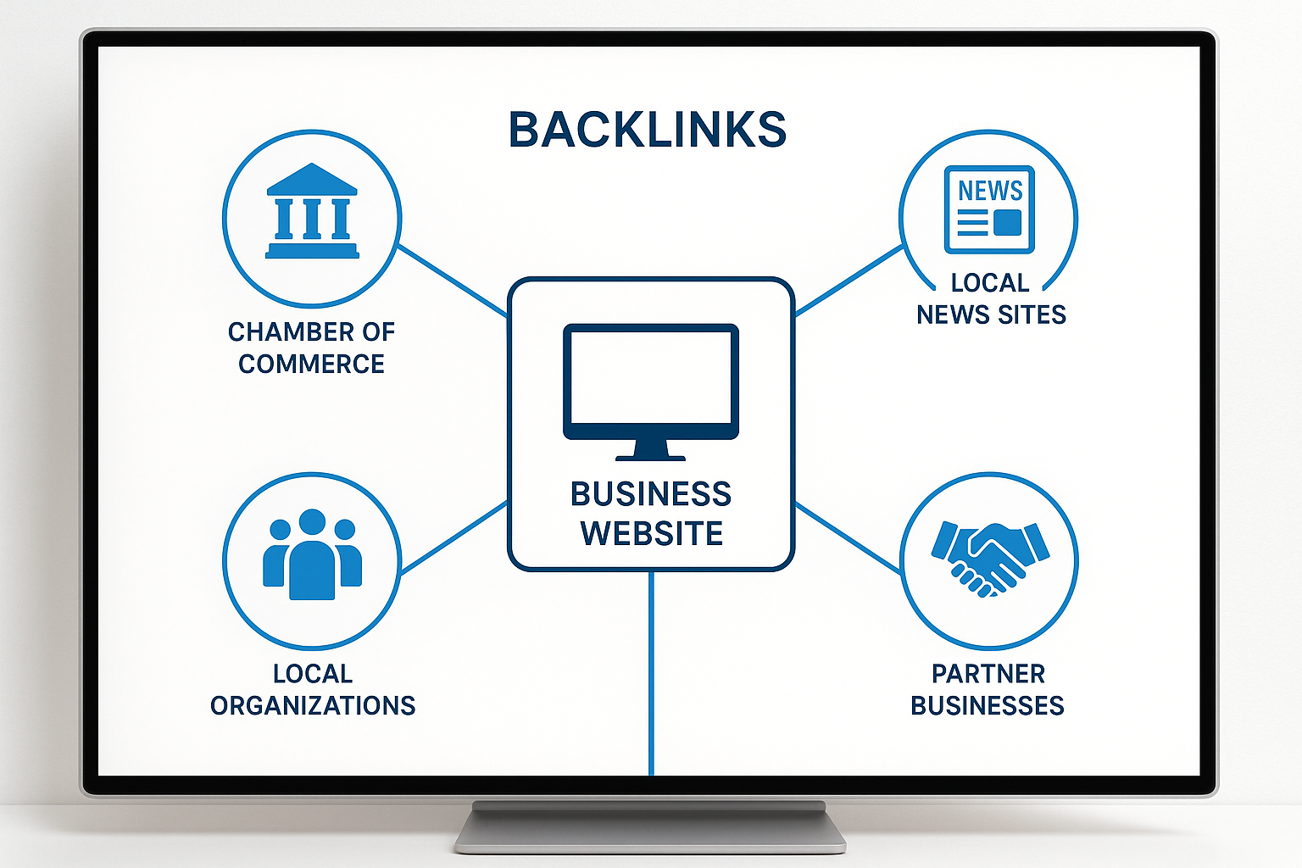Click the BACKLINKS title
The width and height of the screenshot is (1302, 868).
point(648,130)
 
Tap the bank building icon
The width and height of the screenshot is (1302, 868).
point(312,211)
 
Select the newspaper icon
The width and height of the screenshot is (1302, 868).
point(989,209)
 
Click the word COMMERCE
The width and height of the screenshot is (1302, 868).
point(311,364)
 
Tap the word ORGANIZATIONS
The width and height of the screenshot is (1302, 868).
point(313,706)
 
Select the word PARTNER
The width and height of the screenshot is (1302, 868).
point(988,674)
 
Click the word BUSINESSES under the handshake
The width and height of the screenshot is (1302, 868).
point(988,706)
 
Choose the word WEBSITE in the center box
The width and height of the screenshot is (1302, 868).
point(652,534)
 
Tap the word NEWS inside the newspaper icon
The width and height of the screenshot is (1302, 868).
point(990,191)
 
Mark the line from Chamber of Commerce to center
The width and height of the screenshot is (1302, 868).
point(453,281)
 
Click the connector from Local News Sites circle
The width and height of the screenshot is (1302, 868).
point(849,281)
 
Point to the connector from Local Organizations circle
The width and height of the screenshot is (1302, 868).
point(453,537)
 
